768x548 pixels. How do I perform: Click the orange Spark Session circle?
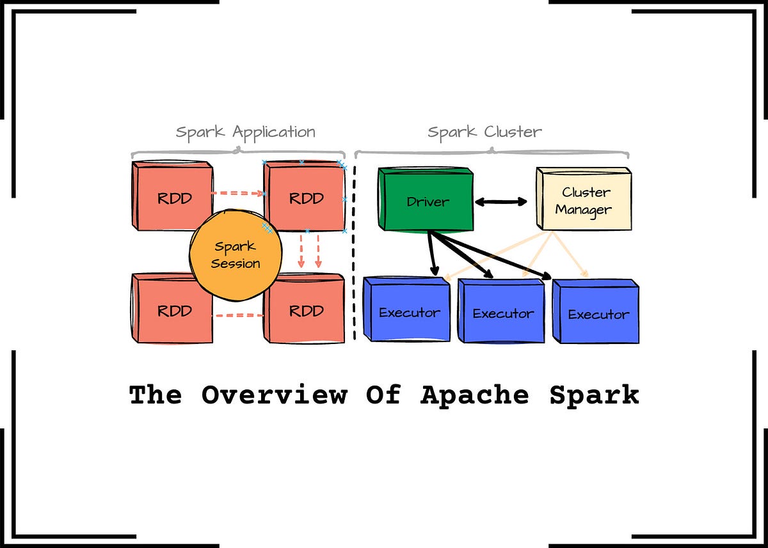click(235, 254)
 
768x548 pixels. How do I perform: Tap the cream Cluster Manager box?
click(583, 200)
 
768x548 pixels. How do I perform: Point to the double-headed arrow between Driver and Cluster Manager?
click(500, 201)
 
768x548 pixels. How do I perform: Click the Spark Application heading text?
click(246, 132)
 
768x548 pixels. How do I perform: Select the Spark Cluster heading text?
click(484, 132)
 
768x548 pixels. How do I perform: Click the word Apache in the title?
click(474, 395)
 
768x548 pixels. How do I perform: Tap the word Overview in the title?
click(275, 395)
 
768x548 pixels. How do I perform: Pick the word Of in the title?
click(383, 395)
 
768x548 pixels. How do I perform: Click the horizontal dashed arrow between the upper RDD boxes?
click(237, 192)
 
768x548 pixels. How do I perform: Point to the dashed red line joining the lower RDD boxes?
click(237, 315)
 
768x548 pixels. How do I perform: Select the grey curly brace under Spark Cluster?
click(492, 153)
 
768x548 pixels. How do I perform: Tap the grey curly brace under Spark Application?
click(238, 153)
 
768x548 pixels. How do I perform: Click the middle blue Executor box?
click(502, 311)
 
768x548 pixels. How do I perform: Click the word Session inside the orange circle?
click(236, 263)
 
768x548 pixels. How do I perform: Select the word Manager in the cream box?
click(583, 210)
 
